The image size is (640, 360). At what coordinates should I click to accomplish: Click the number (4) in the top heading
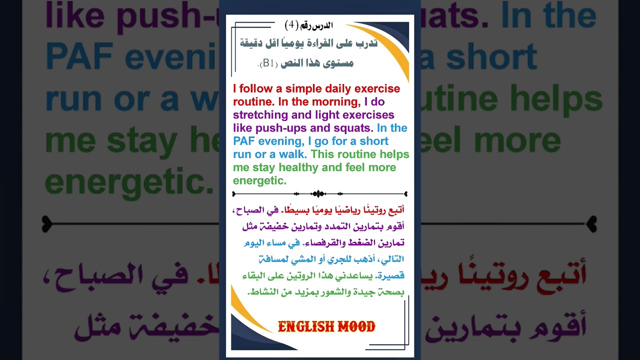pyautogui.click(x=291, y=25)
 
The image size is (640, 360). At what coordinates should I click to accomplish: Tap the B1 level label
pyautogui.click(x=268, y=63)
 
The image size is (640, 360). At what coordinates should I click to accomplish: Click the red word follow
pyautogui.click(x=256, y=88)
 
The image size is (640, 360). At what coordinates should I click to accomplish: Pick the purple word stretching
pyautogui.click(x=260, y=115)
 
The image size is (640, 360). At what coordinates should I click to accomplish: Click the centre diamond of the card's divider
pyautogui.click(x=318, y=194)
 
